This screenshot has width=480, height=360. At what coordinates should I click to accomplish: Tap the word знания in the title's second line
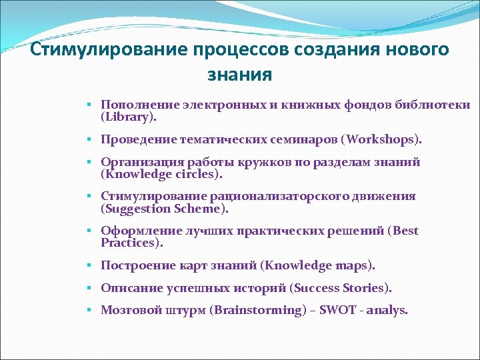[239, 74]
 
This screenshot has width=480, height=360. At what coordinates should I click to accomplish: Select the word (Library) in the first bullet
[128, 117]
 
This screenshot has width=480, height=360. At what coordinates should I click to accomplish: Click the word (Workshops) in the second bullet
[382, 140]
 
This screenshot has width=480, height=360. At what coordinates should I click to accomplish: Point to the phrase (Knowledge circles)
[161, 175]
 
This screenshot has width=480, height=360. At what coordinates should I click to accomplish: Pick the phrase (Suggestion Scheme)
[164, 209]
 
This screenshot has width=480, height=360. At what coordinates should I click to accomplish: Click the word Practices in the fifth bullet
[131, 243]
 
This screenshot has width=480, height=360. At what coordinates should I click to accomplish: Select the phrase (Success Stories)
[341, 288]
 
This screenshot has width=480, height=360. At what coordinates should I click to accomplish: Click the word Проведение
[137, 140]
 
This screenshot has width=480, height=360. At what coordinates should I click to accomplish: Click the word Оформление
[137, 231]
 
